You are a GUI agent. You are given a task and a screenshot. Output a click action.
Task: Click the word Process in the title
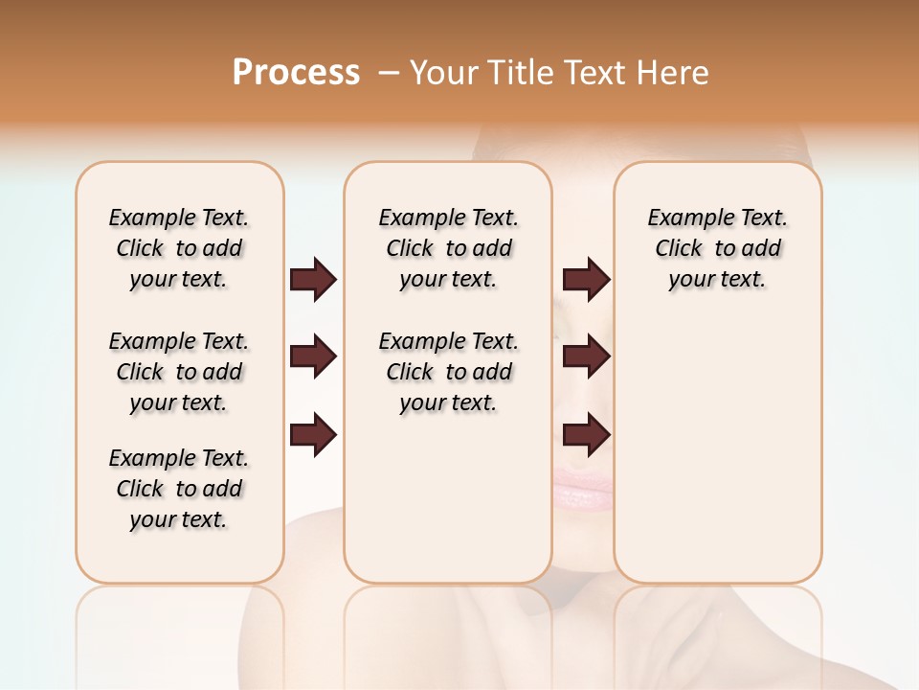click(x=296, y=72)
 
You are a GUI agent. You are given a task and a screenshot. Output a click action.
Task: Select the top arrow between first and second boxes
click(x=313, y=279)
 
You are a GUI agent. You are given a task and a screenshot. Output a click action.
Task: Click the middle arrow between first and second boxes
click(x=313, y=356)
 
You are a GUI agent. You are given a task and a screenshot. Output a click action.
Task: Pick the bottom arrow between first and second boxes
click(x=313, y=435)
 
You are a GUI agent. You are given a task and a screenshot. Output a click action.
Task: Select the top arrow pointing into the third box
click(x=586, y=279)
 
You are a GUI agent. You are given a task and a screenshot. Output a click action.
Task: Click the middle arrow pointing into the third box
click(x=586, y=356)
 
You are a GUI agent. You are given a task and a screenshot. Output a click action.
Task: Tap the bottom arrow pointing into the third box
click(x=586, y=435)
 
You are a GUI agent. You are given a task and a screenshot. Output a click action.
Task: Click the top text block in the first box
click(x=179, y=248)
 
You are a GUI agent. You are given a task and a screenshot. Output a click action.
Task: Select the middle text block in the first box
click(x=179, y=372)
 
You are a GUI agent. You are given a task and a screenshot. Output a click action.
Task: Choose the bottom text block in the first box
click(x=179, y=489)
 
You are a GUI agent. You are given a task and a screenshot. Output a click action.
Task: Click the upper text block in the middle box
click(x=448, y=248)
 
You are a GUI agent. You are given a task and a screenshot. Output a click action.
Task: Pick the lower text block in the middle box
click(x=448, y=372)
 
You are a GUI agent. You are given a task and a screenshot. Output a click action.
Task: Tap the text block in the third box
click(x=717, y=248)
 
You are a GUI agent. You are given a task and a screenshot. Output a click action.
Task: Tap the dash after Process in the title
click(x=389, y=73)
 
